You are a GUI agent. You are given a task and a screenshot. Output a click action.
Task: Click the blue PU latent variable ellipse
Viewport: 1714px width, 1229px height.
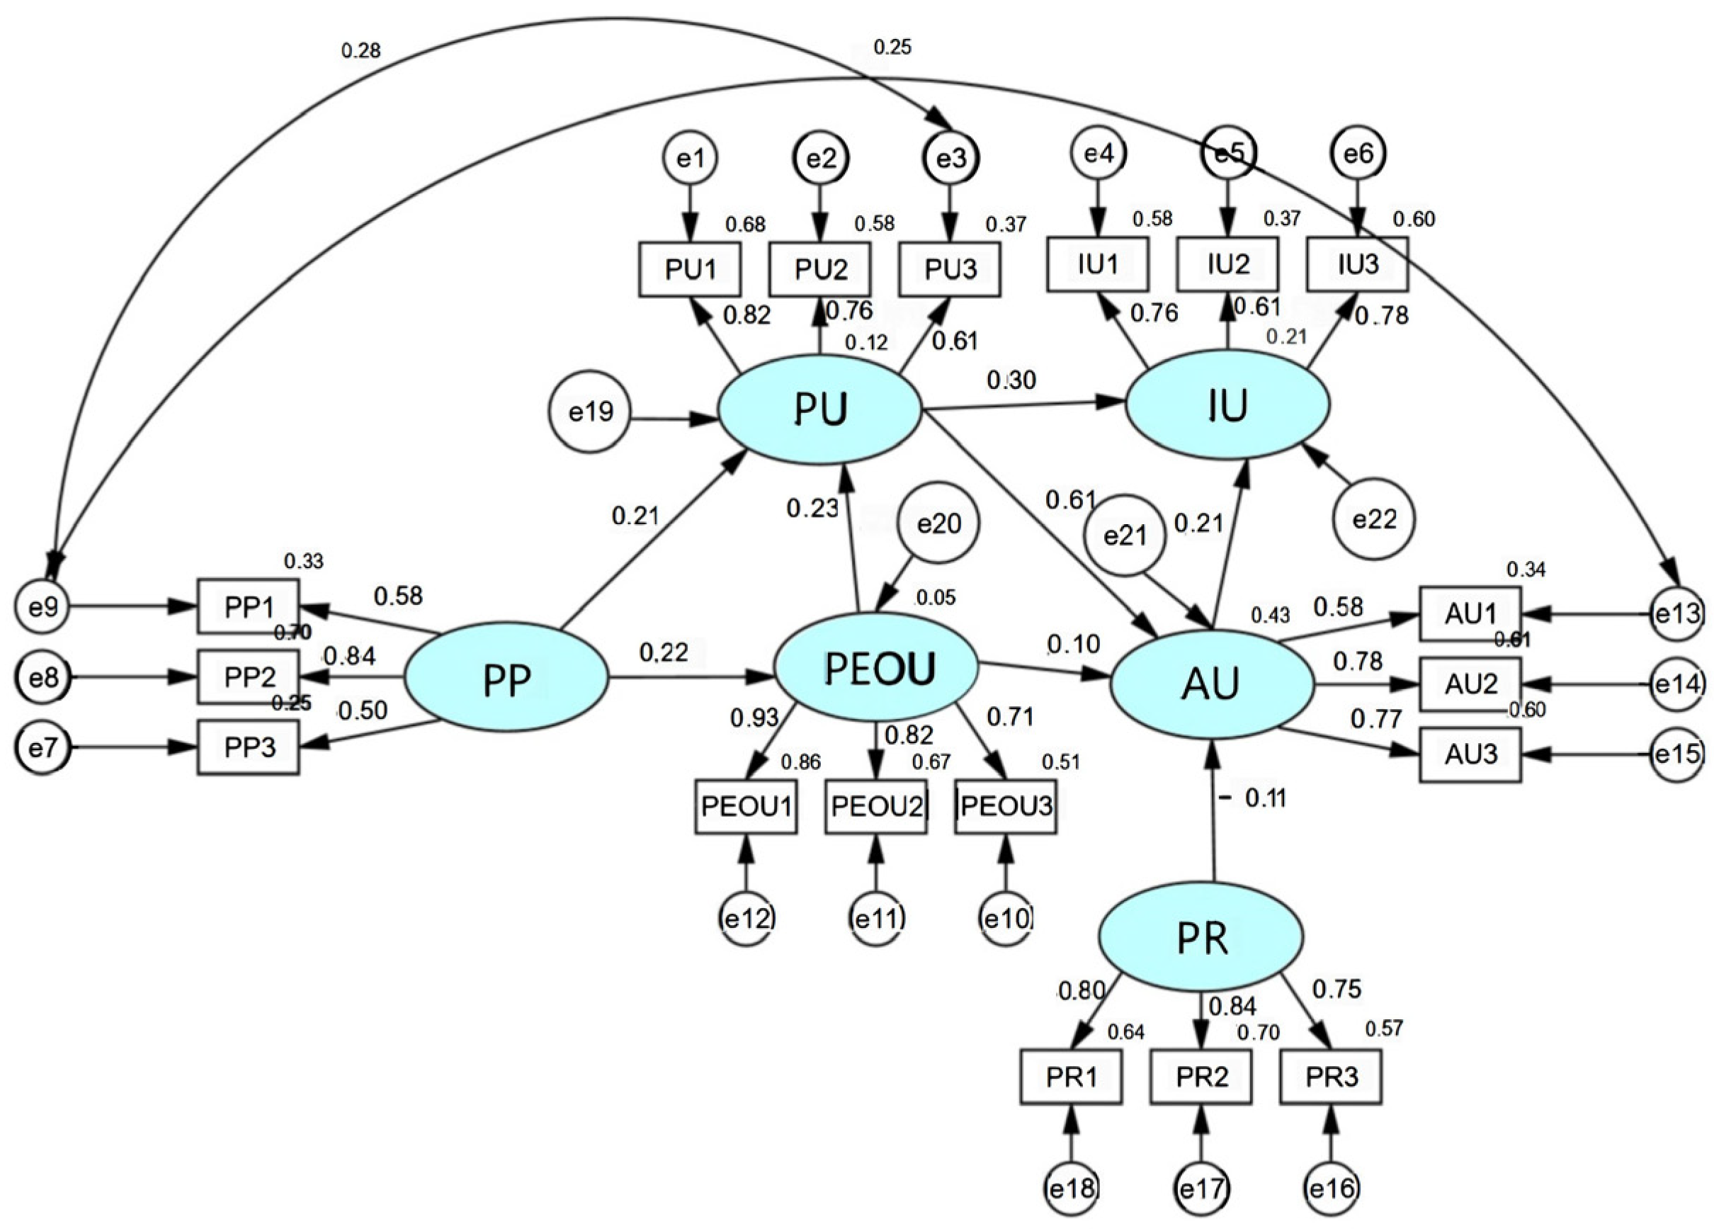click(820, 409)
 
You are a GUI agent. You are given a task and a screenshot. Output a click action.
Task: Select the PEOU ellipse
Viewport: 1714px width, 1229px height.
click(878, 667)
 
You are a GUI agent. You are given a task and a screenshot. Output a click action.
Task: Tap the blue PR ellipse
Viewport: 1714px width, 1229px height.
click(1201, 938)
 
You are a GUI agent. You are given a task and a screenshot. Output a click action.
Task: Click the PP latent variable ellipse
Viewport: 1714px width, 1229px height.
click(506, 677)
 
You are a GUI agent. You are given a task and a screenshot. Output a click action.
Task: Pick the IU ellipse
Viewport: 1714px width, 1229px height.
click(1228, 406)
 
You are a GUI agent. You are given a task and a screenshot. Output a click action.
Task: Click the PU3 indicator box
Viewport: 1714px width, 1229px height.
click(950, 269)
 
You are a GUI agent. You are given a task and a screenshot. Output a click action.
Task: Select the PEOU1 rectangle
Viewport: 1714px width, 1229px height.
click(746, 807)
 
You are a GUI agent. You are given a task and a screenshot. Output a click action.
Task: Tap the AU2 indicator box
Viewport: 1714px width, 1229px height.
click(1470, 684)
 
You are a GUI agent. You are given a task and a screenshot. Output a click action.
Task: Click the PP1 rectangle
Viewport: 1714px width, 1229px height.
click(249, 606)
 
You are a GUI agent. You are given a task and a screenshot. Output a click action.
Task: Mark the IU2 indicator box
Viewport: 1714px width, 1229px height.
click(1228, 264)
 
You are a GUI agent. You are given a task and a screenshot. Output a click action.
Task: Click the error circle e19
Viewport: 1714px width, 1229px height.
click(589, 413)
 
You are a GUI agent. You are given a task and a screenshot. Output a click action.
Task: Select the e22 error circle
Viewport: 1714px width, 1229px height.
click(1374, 519)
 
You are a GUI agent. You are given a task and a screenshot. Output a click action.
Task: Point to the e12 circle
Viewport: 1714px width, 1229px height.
click(747, 918)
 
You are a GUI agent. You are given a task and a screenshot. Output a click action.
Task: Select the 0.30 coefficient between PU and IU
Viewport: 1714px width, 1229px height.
click(1011, 380)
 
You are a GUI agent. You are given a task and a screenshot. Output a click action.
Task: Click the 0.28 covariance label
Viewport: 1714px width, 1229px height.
click(361, 52)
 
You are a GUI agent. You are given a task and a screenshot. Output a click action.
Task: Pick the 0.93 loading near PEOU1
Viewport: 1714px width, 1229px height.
click(754, 718)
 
